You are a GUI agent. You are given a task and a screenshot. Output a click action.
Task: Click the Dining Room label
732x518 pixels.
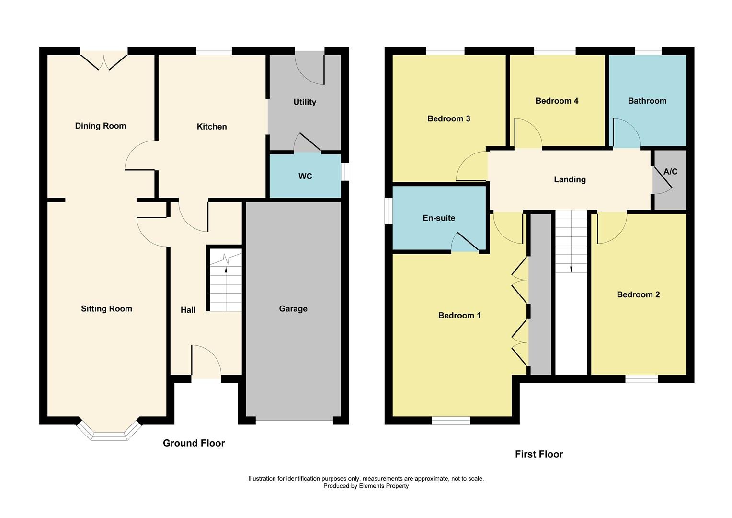pos(101,126)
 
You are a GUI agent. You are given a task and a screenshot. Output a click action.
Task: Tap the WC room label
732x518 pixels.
pos(305,177)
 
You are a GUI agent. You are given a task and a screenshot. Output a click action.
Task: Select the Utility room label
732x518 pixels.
pos(305,102)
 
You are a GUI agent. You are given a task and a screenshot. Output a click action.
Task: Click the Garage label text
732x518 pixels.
pos(293,309)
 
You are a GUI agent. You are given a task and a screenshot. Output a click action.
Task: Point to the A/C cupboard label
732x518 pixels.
pos(670,172)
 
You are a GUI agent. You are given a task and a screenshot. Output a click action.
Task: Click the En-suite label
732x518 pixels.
pos(439,218)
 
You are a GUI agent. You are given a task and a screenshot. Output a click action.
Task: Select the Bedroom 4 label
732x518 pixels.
pos(557,101)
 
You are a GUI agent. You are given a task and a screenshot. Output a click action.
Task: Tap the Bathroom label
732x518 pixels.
pos(647,101)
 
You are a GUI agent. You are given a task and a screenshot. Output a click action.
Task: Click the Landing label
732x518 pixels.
pos(570,179)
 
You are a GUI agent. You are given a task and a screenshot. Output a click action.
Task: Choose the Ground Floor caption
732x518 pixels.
pos(194,443)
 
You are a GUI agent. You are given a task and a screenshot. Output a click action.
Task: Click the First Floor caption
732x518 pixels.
pos(538,454)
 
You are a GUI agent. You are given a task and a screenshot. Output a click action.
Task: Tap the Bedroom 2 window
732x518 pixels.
pos(641,379)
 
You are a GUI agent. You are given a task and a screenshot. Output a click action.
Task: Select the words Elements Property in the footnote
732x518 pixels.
pos(384,486)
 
